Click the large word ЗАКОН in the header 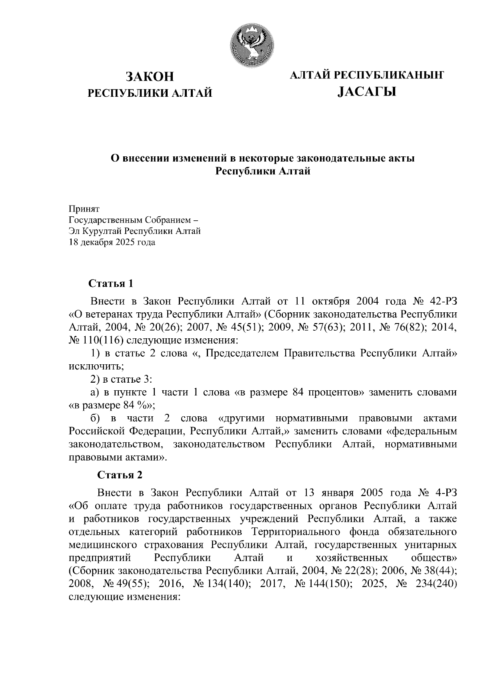click(150, 76)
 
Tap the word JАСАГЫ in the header click(366, 92)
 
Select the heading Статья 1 click(110, 284)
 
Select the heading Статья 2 click(120, 475)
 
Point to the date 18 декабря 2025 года click(112, 242)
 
